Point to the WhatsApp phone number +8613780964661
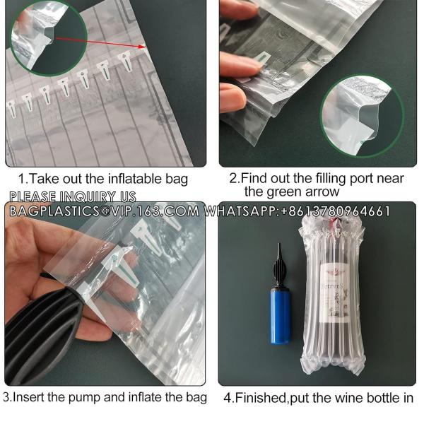tap(336, 211)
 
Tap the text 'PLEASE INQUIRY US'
tap(71, 196)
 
